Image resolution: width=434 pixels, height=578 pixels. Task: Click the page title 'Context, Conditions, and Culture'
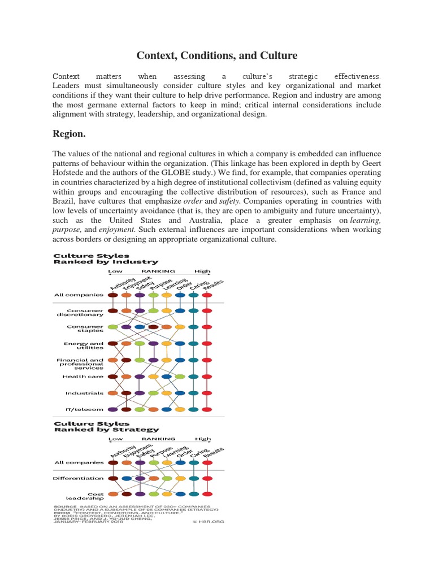tap(216, 55)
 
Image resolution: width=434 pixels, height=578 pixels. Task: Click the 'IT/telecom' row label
tap(85, 409)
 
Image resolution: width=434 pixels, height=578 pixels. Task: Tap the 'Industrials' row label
tap(85, 393)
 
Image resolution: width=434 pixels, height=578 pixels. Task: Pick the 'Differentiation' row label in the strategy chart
tap(79, 478)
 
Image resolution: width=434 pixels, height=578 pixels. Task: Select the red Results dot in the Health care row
tap(207, 376)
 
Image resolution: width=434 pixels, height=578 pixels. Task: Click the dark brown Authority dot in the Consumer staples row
tap(153, 327)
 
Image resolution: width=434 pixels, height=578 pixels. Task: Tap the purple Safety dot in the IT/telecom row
tap(113, 409)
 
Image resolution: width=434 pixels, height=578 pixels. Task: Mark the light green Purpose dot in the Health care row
tap(180, 376)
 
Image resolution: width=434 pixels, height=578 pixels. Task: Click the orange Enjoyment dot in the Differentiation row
tap(153, 478)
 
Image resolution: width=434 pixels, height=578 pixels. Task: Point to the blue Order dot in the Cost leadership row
tap(180, 494)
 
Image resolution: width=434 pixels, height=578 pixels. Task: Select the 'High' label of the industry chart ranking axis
tap(203, 271)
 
